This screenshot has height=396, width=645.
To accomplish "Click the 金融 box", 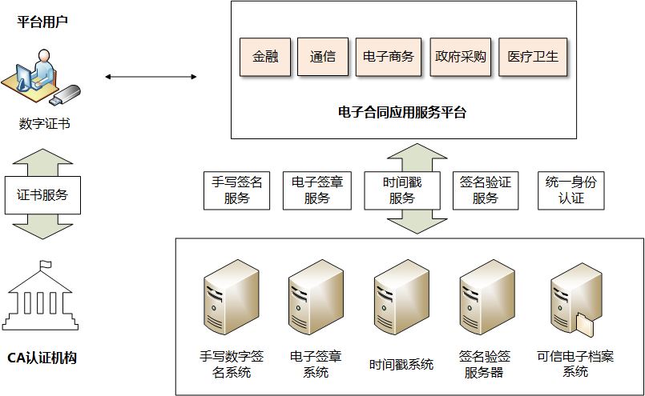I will [x=265, y=57].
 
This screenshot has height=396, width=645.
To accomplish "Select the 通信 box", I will [x=323, y=57].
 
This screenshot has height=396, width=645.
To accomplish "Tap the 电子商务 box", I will [x=388, y=57].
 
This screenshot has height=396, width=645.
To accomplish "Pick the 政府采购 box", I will [x=461, y=57].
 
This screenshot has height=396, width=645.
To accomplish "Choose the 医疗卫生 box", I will [x=533, y=57].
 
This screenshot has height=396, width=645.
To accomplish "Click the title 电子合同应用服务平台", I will [x=402, y=112].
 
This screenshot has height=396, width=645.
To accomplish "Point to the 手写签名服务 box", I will [x=237, y=190].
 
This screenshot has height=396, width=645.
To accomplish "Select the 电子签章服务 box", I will [x=316, y=190].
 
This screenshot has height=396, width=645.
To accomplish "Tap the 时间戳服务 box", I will [x=402, y=190].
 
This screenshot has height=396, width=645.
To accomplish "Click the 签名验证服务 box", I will [x=485, y=190].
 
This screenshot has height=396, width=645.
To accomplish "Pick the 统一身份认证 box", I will [x=570, y=190].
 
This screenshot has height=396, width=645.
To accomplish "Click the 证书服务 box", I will [x=42, y=194].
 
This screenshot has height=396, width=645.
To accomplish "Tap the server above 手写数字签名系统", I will [x=232, y=301].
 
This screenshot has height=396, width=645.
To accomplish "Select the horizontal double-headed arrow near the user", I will [x=151, y=77].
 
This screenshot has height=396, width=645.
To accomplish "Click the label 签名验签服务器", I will [x=485, y=364].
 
